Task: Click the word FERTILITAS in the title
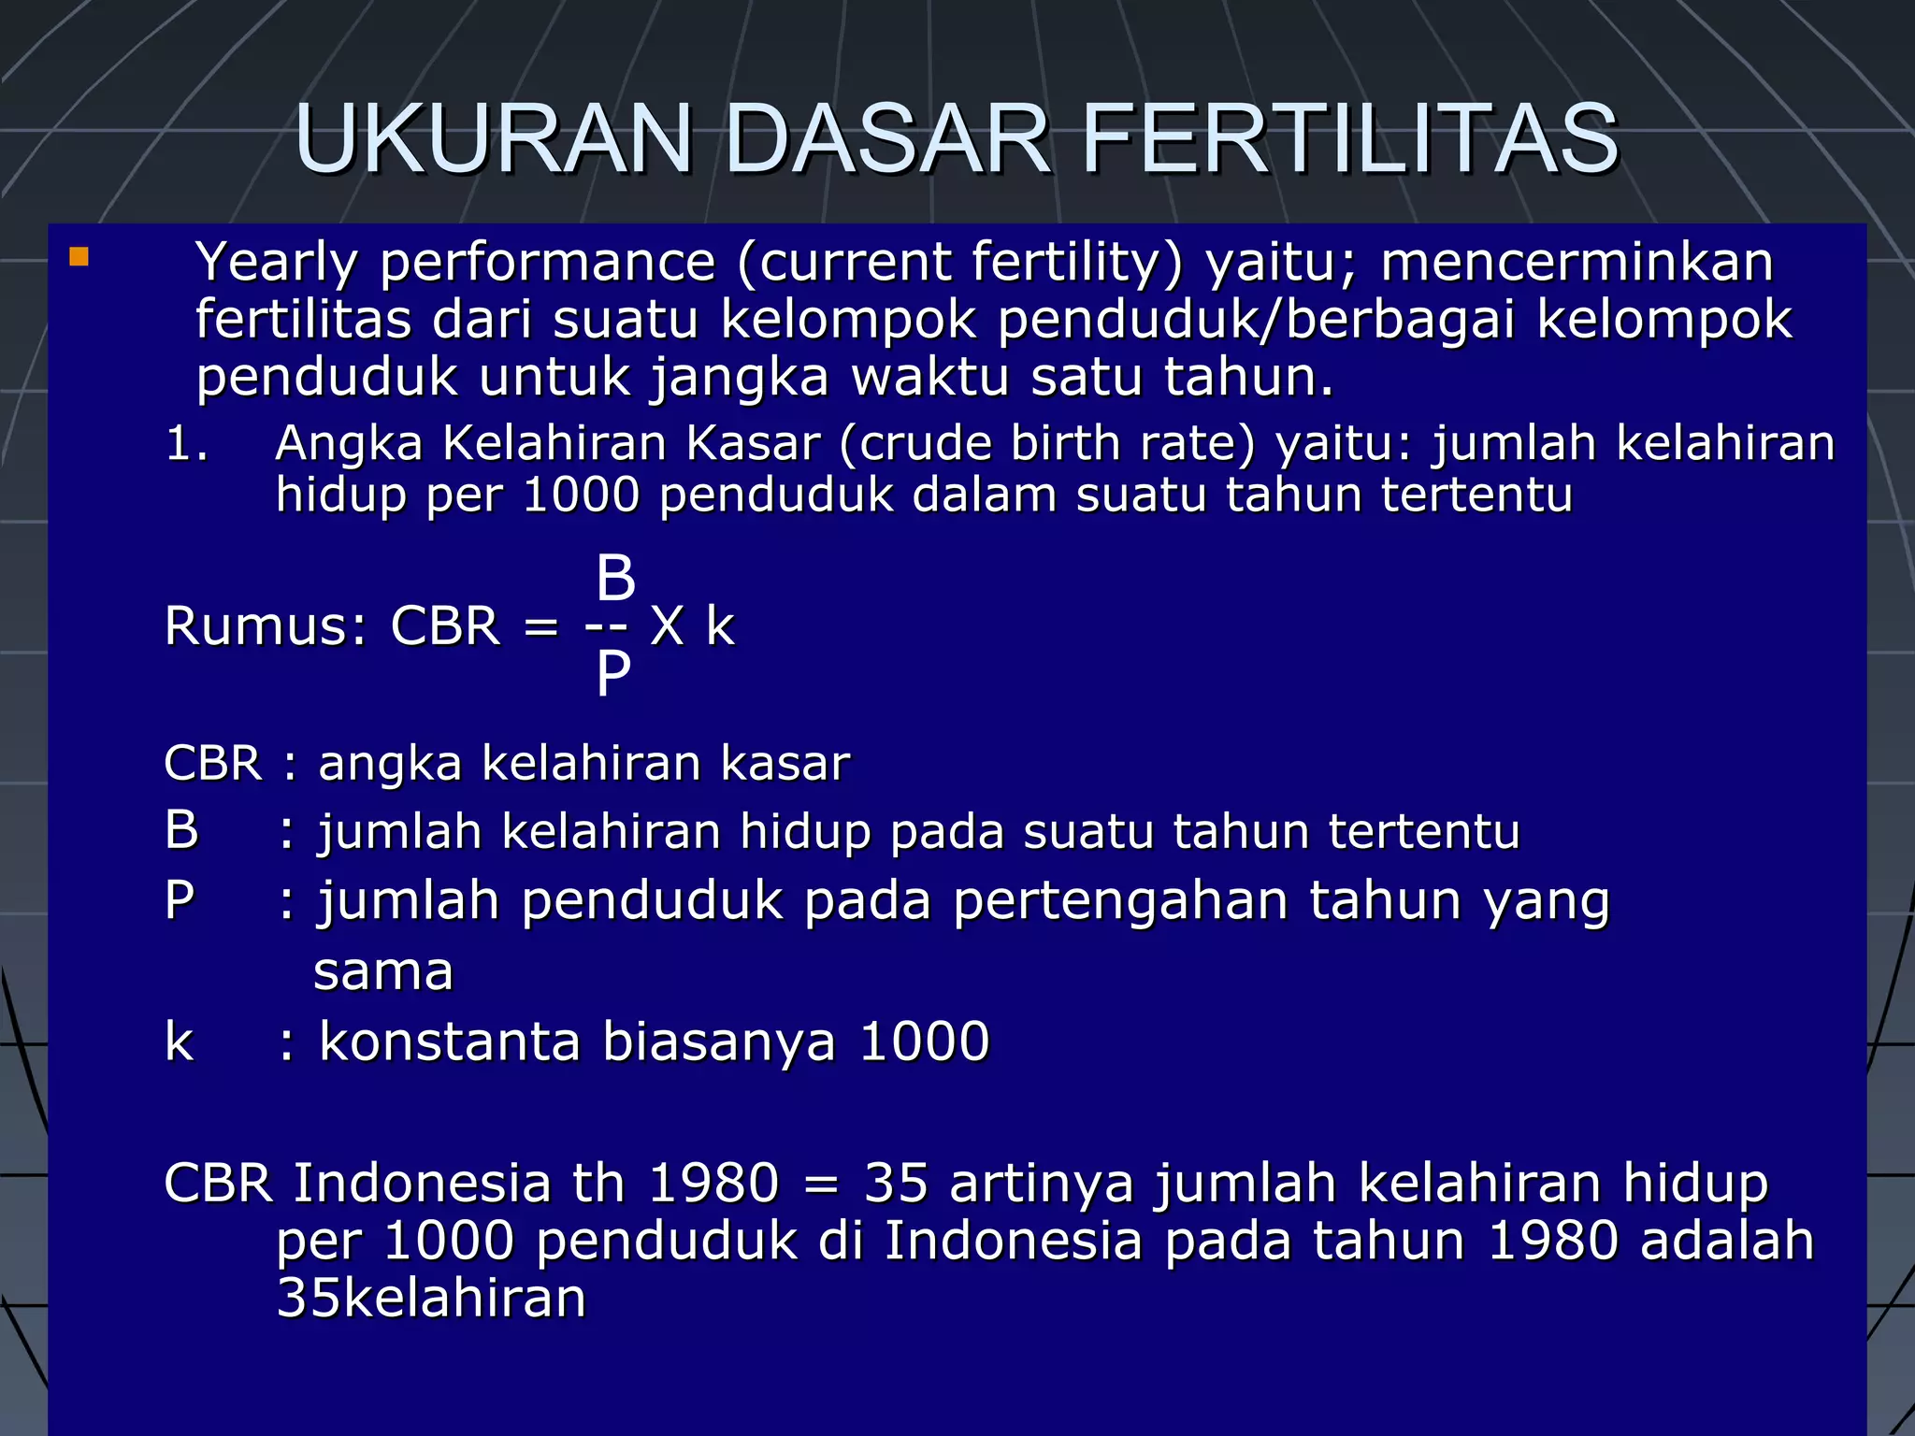[x=1350, y=140]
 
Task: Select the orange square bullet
[x=79, y=257]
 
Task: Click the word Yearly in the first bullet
[x=276, y=263]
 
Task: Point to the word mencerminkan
[x=1577, y=263]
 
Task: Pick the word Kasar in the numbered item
[x=753, y=443]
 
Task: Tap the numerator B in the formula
[x=615, y=578]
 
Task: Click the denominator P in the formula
[x=613, y=673]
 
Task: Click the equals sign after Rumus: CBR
[x=541, y=627]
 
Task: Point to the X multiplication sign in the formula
[x=667, y=625]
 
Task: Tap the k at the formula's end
[x=720, y=625]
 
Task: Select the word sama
[x=383, y=972]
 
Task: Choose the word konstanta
[x=450, y=1041]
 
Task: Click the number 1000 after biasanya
[x=924, y=1041]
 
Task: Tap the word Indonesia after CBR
[x=422, y=1184]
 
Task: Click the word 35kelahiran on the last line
[x=432, y=1299]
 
